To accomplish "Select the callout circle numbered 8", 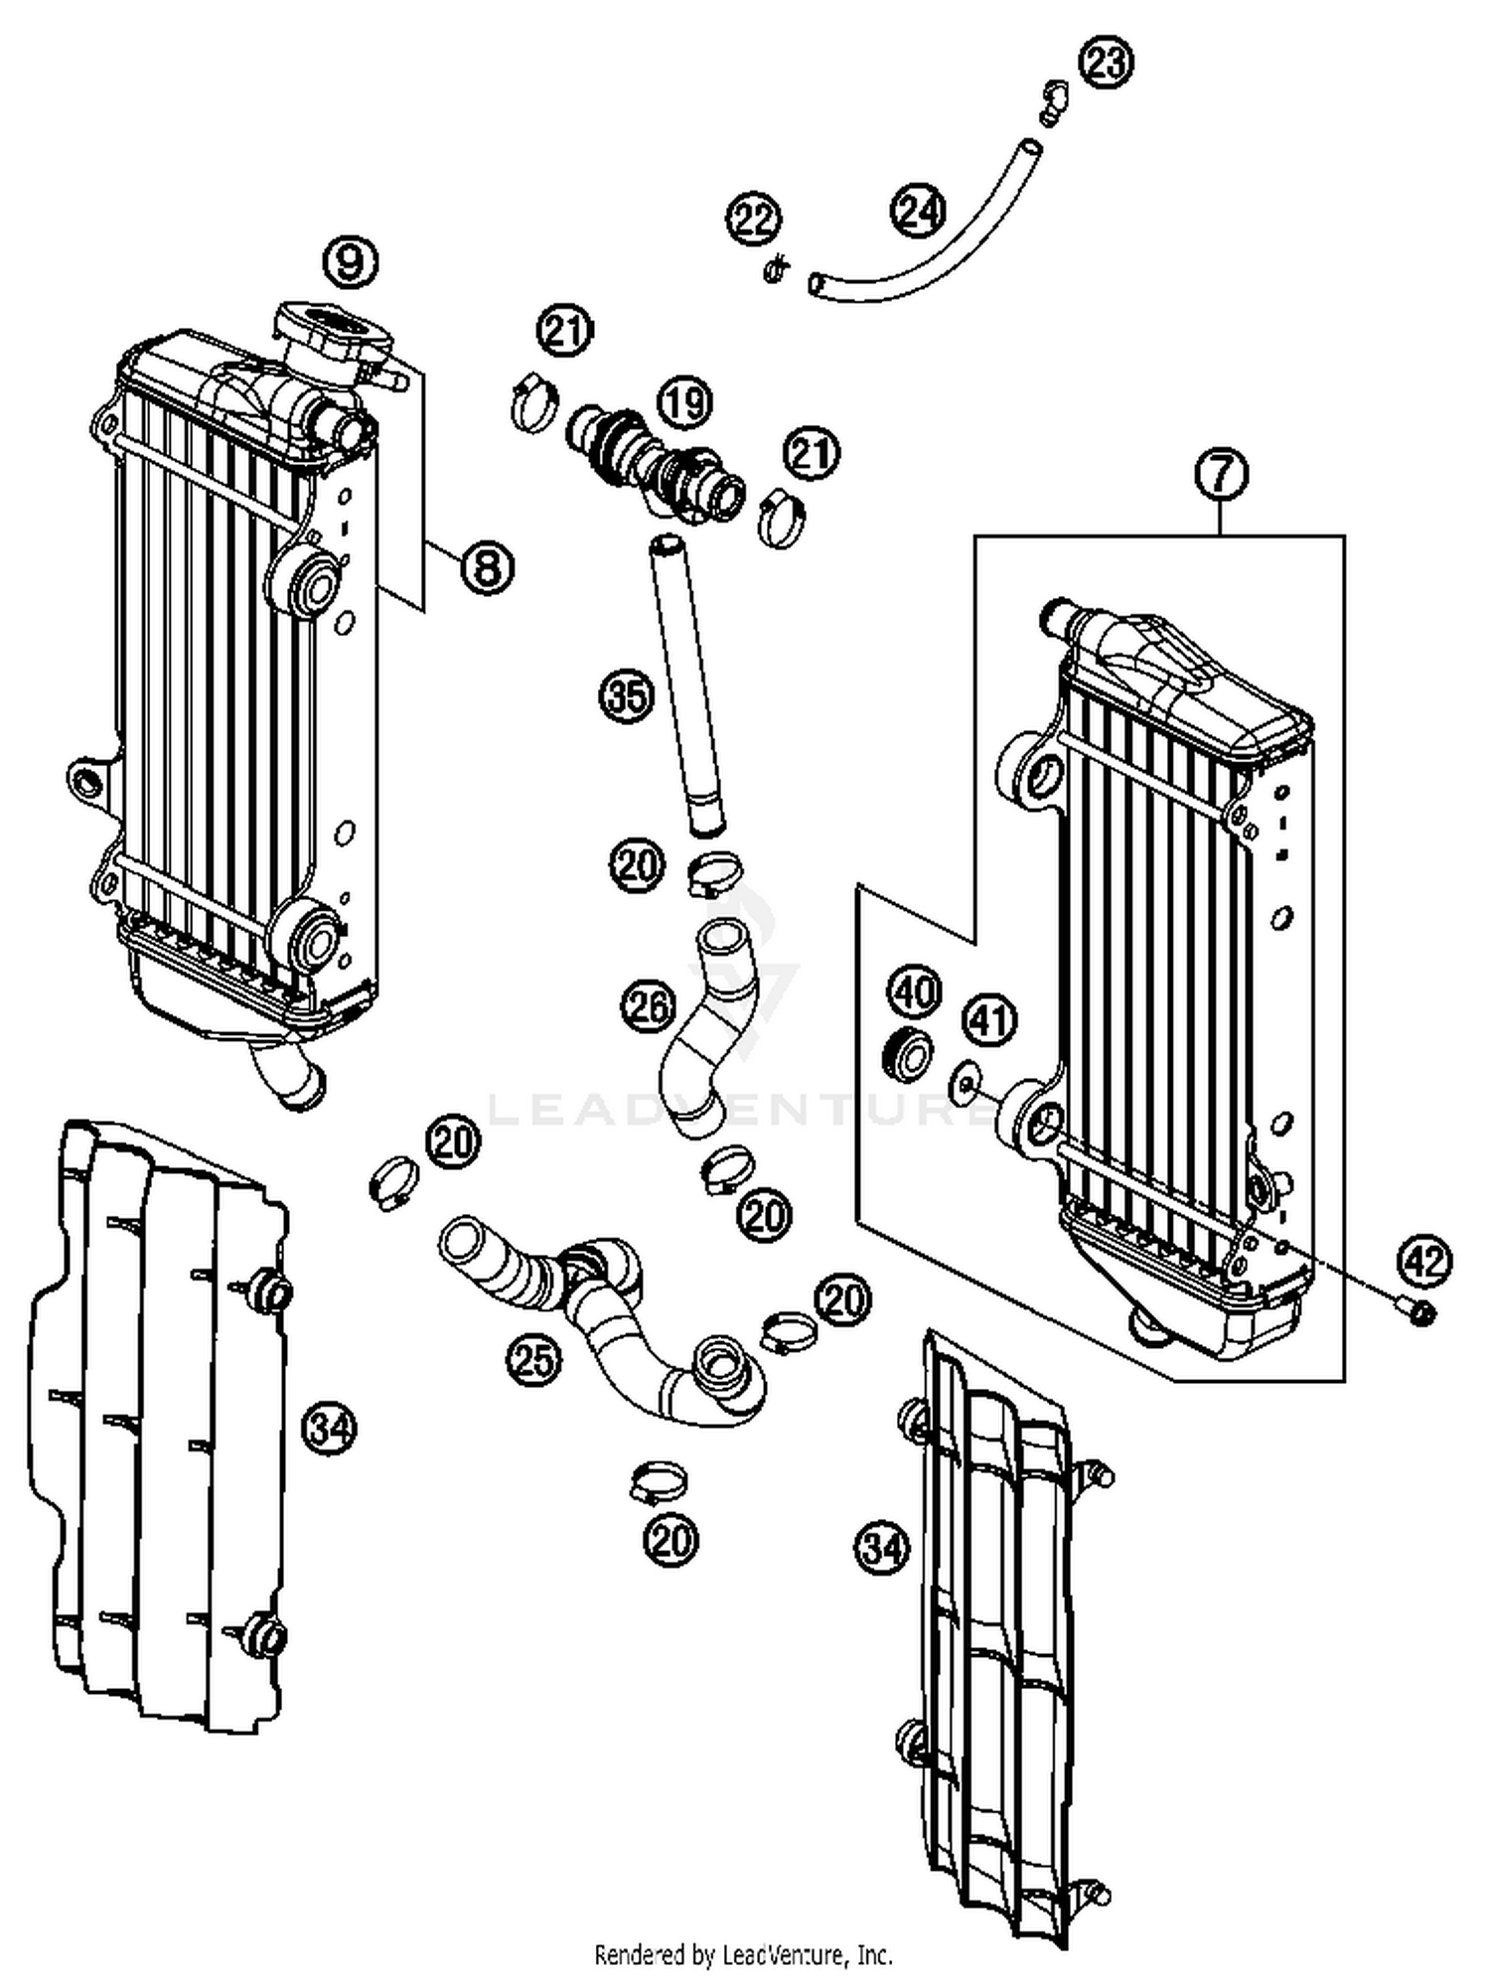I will click(486, 567).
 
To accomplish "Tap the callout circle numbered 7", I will click(1221, 474).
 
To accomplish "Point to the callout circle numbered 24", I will click(918, 211).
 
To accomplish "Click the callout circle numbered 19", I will click(685, 403).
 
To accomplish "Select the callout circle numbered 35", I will click(627, 696).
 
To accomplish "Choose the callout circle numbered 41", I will click(989, 1019).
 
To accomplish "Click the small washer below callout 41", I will click(963, 1084).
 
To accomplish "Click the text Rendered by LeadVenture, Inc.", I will click(743, 1955).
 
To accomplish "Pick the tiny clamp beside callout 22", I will click(776, 267).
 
